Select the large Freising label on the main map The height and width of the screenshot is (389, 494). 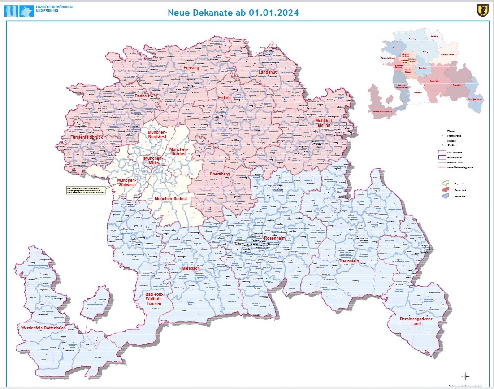pos(191,68)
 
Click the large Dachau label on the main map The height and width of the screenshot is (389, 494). pos(142,96)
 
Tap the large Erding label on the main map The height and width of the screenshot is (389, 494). pos(224,98)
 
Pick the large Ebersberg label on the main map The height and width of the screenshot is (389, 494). pos(220,174)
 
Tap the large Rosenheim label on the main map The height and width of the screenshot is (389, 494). pos(275,238)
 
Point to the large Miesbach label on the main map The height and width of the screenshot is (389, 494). pos(191,268)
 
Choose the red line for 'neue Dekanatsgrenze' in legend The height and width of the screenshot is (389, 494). pos(443,167)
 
